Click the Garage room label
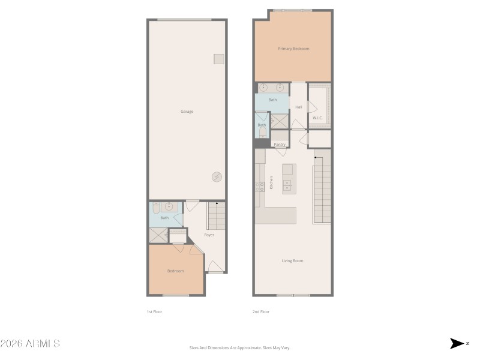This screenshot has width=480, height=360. (x=187, y=112)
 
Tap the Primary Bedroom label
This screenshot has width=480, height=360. (x=293, y=49)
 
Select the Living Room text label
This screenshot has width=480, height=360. (x=293, y=260)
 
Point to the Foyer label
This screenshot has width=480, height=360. (x=209, y=235)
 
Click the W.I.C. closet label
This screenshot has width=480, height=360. (x=317, y=118)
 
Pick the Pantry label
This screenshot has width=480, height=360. (x=279, y=145)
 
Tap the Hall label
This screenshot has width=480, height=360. (x=299, y=107)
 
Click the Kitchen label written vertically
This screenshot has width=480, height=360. (x=272, y=183)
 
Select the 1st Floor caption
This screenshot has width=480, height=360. (x=155, y=312)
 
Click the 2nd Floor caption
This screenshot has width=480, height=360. (x=261, y=312)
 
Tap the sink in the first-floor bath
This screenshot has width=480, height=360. (x=169, y=207)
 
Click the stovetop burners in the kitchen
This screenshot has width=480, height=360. (x=260, y=187)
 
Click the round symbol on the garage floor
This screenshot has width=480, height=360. (x=217, y=176)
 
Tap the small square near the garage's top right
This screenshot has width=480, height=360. (x=219, y=59)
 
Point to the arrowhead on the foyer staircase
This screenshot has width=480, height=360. (x=217, y=205)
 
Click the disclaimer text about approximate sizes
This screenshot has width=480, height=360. (x=240, y=347)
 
